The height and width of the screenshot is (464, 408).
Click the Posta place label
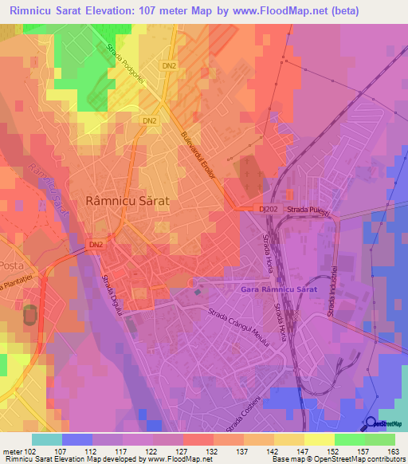point(13,265)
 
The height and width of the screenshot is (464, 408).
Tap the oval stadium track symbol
point(29,313)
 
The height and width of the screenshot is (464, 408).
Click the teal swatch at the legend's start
point(46,438)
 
